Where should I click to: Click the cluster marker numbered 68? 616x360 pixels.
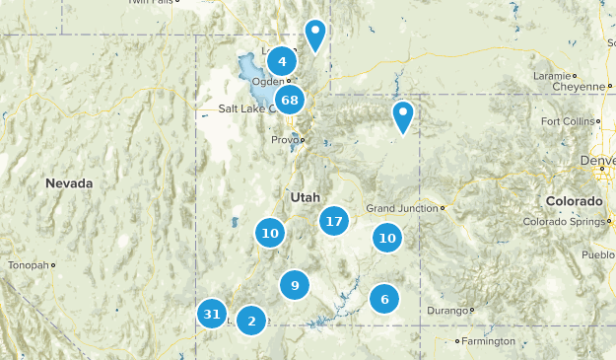pos(290,100)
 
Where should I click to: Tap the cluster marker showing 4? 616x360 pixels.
pos(282,61)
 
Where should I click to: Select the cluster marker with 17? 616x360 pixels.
pos(334,221)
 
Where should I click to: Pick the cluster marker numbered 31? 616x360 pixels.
pos(211,315)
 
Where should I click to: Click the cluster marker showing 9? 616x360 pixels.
pos(295,286)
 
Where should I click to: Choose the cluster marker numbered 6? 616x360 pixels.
pos(384,299)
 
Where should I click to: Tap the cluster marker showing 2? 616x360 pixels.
pos(252,320)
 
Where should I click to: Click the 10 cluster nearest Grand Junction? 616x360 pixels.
pos(387,238)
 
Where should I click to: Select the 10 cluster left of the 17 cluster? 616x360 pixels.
pos(270,233)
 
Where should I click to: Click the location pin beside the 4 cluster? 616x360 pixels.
pos(315,34)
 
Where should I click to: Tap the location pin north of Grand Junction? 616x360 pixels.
pos(403,115)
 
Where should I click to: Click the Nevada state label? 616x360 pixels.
pos(69,183)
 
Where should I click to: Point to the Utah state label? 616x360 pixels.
pos(305,197)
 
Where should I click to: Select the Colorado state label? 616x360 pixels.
pos(576,201)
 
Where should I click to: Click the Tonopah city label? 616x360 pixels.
pos(27,265)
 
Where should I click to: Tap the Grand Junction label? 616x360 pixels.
pos(402,208)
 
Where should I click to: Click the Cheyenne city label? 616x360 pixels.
pos(578,86)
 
